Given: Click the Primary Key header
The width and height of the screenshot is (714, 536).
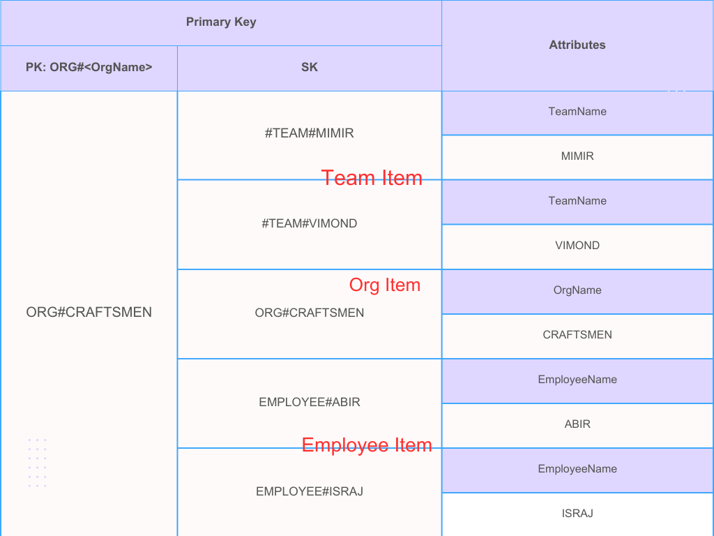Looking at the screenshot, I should click(221, 22).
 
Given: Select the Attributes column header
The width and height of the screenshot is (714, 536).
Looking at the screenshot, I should click(577, 45).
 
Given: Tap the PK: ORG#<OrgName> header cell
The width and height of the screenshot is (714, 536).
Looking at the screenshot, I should click(89, 68).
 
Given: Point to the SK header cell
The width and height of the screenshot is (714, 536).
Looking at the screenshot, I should click(310, 68).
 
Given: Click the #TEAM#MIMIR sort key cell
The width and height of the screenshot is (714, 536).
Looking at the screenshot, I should click(310, 133).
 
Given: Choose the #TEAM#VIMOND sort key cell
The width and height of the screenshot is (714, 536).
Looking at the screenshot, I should click(310, 223).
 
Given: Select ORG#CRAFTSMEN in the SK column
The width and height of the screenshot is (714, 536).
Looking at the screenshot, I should click(310, 313).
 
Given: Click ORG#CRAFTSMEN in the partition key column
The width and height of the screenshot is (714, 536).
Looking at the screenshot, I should click(89, 312).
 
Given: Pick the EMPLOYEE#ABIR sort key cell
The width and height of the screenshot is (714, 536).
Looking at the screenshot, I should click(310, 402).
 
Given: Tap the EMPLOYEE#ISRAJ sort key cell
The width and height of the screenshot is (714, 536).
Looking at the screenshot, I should click(310, 491).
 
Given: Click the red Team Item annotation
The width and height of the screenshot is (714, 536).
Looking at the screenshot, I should click(372, 178).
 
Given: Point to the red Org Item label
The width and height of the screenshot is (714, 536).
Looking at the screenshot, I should click(385, 285).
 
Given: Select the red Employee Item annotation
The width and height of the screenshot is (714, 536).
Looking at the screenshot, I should click(367, 445).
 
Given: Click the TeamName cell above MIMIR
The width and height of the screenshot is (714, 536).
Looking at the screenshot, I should click(577, 112).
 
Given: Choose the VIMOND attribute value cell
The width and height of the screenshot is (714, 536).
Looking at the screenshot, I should click(577, 246).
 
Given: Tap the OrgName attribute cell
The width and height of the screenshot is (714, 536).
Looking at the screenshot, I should click(577, 290).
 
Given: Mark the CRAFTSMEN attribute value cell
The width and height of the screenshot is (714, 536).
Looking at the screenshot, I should click(577, 335).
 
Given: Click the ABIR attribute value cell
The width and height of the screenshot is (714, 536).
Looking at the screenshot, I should click(577, 424).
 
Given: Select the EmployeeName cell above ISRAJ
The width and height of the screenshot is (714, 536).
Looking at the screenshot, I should click(577, 469).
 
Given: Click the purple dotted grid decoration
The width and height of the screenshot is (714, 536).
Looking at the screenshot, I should click(38, 463).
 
